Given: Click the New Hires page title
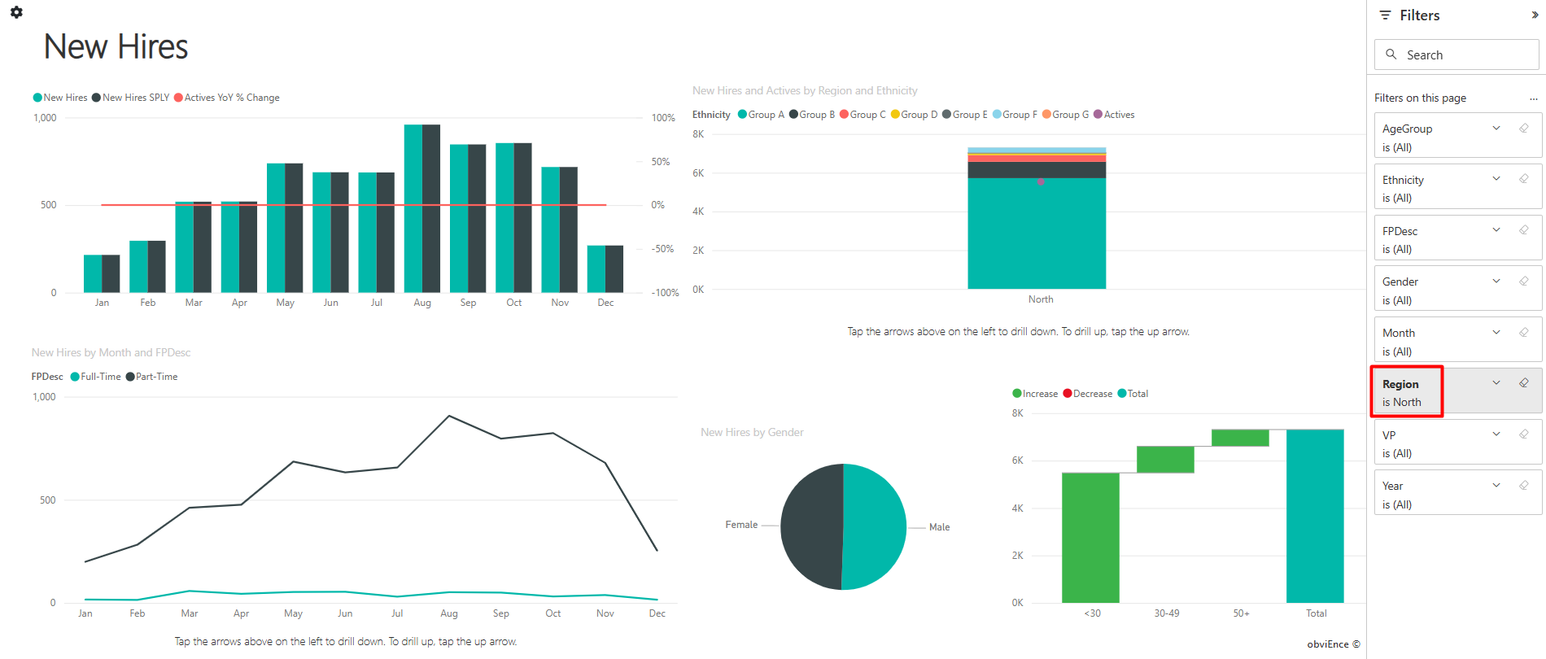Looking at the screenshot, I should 116,47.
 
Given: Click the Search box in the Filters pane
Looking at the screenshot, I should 1456,55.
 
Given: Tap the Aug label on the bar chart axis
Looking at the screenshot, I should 422,303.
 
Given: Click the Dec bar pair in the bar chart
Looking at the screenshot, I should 605,268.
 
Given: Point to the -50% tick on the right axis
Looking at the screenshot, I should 662,249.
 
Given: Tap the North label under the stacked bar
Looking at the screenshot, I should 1041,299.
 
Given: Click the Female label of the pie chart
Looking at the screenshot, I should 741,525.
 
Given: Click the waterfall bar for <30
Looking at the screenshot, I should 1090,537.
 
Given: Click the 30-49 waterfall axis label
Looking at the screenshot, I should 1167,613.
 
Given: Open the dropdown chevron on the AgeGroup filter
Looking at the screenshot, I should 1496,128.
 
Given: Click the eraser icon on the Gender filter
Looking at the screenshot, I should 1524,281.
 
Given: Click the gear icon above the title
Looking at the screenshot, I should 16,12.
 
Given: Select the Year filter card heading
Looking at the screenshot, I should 1393,486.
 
